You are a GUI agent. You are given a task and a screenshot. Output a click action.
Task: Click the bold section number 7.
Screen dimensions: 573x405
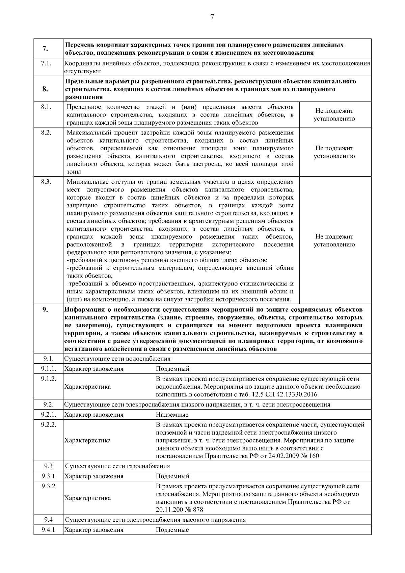click(45, 49)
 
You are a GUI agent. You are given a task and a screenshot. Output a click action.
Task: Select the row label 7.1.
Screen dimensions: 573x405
click(46, 63)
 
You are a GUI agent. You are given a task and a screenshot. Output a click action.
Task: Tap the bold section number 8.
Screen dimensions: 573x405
click(45, 89)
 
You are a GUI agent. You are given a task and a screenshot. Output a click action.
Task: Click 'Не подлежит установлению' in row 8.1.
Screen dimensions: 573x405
click(334, 115)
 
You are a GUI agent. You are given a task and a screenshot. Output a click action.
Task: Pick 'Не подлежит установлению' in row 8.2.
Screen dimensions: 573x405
click(334, 152)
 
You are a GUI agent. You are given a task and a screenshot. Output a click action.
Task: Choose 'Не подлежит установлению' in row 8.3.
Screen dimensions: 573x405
click(334, 241)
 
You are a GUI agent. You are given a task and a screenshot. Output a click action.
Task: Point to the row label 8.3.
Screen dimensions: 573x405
click(46, 182)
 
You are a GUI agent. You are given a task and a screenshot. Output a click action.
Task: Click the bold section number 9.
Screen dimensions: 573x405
click(45, 310)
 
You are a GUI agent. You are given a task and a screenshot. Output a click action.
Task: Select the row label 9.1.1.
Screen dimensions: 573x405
click(48, 369)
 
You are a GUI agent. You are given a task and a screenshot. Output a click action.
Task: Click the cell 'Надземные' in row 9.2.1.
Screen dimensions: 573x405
click(172, 415)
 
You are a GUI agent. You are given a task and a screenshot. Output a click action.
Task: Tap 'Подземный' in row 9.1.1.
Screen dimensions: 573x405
click(172, 369)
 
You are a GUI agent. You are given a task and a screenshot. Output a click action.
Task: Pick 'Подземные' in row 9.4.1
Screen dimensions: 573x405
click(172, 530)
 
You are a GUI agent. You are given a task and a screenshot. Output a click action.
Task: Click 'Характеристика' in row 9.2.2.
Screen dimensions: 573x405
click(87, 441)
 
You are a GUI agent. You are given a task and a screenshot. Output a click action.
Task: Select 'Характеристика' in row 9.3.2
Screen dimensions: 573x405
click(87, 498)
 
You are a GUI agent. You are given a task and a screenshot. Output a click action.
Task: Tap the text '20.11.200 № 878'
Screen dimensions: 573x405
click(180, 510)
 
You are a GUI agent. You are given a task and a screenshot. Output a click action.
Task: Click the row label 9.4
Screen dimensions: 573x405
click(48, 520)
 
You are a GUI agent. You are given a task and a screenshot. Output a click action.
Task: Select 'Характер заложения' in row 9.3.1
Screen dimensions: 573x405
click(94, 476)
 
